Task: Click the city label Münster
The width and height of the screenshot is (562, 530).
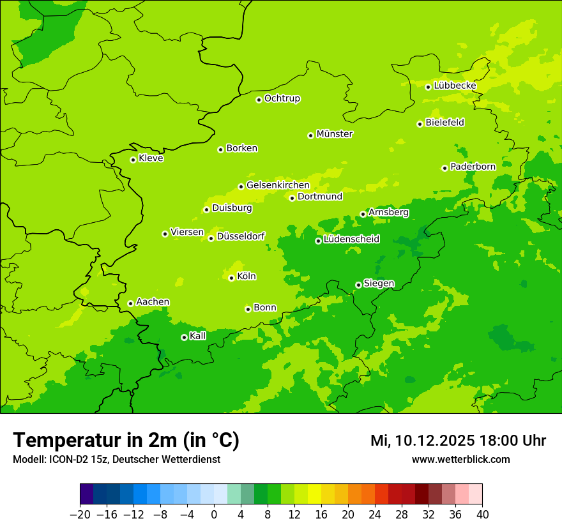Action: point(335,134)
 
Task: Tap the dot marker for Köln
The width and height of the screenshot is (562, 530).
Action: point(231,278)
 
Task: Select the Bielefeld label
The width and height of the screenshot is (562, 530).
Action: point(445,123)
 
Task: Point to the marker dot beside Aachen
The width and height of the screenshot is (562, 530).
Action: point(130,303)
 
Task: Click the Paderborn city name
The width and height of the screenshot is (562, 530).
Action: point(473,167)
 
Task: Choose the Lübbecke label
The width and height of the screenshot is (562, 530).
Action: point(455,86)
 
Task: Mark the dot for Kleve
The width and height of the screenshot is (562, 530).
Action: point(133,160)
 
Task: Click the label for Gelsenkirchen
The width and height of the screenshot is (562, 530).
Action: point(278,185)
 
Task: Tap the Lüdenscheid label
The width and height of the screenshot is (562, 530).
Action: point(352,239)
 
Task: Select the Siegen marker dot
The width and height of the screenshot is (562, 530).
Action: point(358,285)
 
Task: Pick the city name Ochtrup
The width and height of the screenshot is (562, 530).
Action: point(282,98)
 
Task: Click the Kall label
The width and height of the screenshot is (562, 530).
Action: point(198,336)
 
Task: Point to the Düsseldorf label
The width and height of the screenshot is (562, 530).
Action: point(241,236)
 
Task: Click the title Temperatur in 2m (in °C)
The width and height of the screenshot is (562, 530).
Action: point(126,441)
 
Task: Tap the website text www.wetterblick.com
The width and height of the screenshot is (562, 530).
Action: point(460,460)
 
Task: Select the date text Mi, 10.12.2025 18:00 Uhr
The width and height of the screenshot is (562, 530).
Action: point(458,441)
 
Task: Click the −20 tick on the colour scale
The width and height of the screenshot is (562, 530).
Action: point(80,515)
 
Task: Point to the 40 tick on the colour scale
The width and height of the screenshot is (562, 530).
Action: point(482,515)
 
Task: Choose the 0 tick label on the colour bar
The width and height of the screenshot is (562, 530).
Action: point(214,515)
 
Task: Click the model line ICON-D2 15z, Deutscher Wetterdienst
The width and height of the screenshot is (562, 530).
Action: point(116,460)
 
